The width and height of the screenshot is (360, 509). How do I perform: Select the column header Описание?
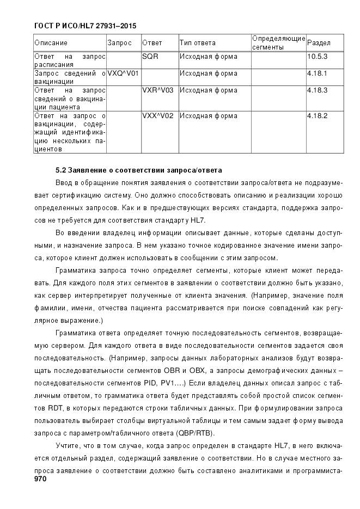(x=51, y=43)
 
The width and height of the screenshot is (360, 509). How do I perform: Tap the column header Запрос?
(x=119, y=43)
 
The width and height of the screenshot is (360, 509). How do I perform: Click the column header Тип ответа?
(x=197, y=43)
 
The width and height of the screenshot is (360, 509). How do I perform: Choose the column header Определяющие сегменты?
(x=278, y=42)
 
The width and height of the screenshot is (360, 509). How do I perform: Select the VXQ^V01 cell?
(x=123, y=73)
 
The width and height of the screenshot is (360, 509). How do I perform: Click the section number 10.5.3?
(x=317, y=57)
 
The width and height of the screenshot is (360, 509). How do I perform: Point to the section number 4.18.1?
(x=317, y=73)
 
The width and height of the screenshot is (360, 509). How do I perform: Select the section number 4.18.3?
(x=317, y=90)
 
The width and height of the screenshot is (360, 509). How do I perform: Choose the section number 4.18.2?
(x=317, y=116)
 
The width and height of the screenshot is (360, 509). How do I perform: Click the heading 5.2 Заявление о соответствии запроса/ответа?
(x=139, y=170)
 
